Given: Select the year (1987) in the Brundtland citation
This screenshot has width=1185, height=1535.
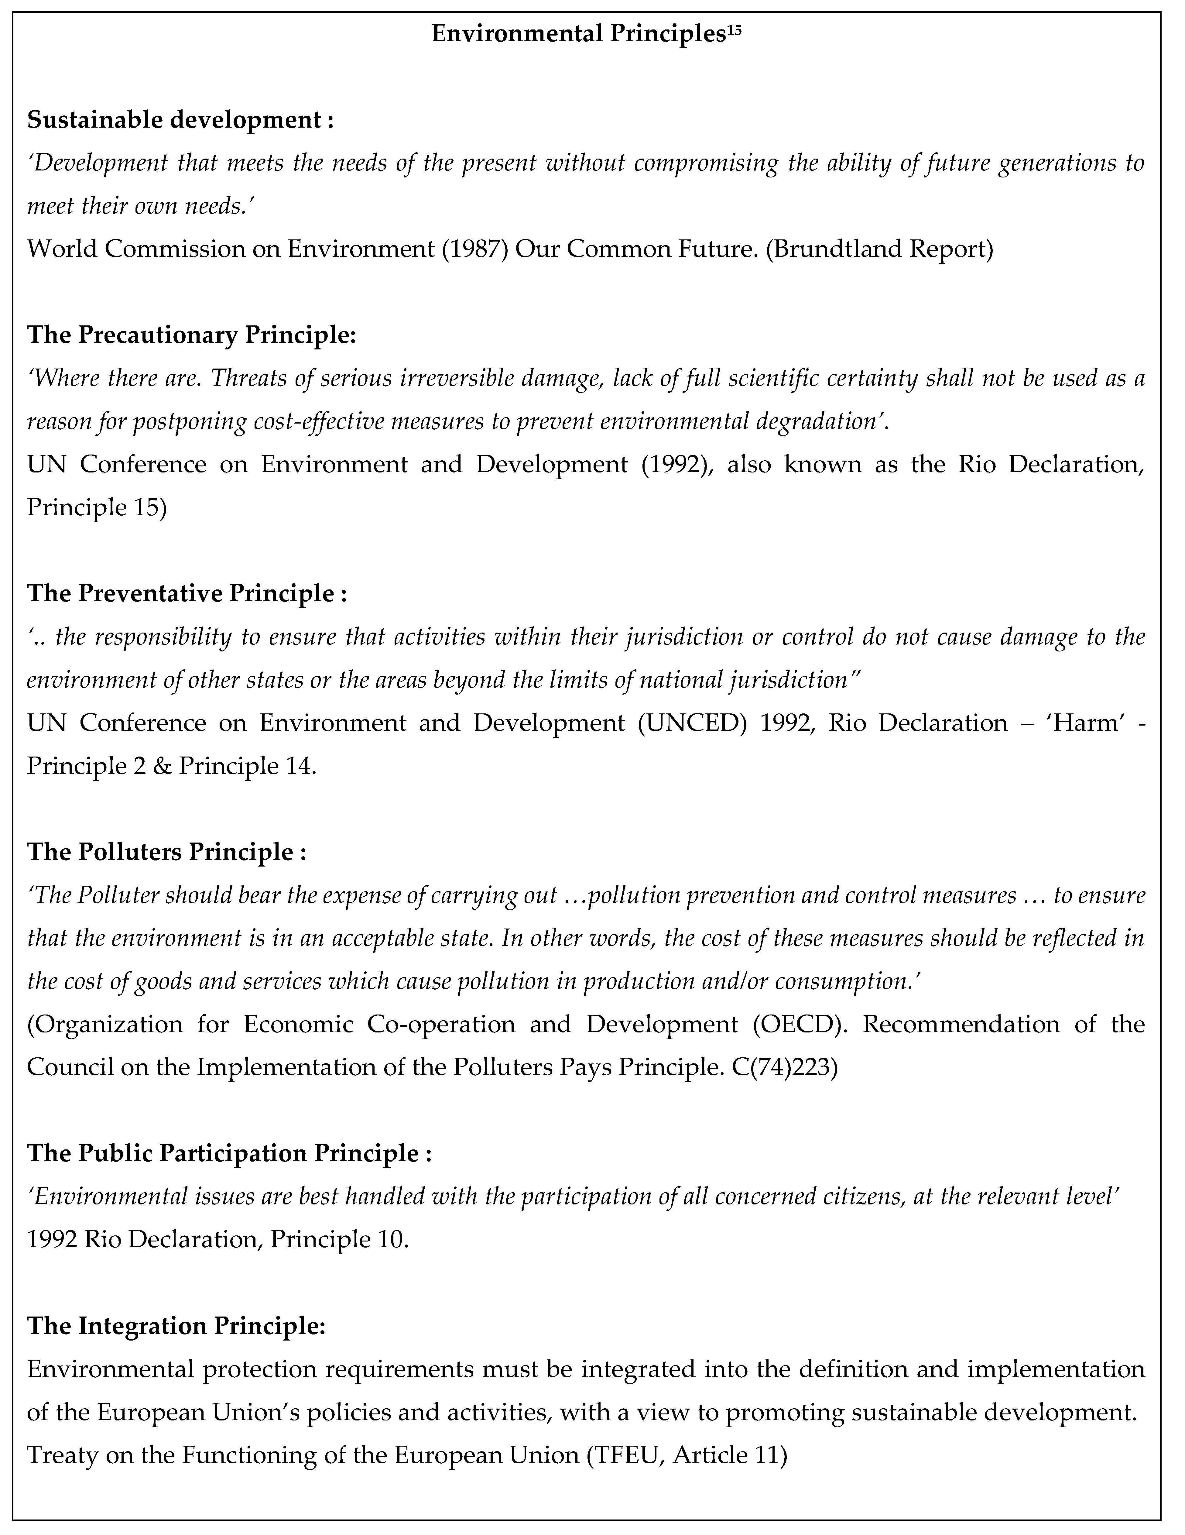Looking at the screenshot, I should [x=474, y=249].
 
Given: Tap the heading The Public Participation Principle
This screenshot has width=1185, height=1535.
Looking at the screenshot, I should [x=228, y=1153].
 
